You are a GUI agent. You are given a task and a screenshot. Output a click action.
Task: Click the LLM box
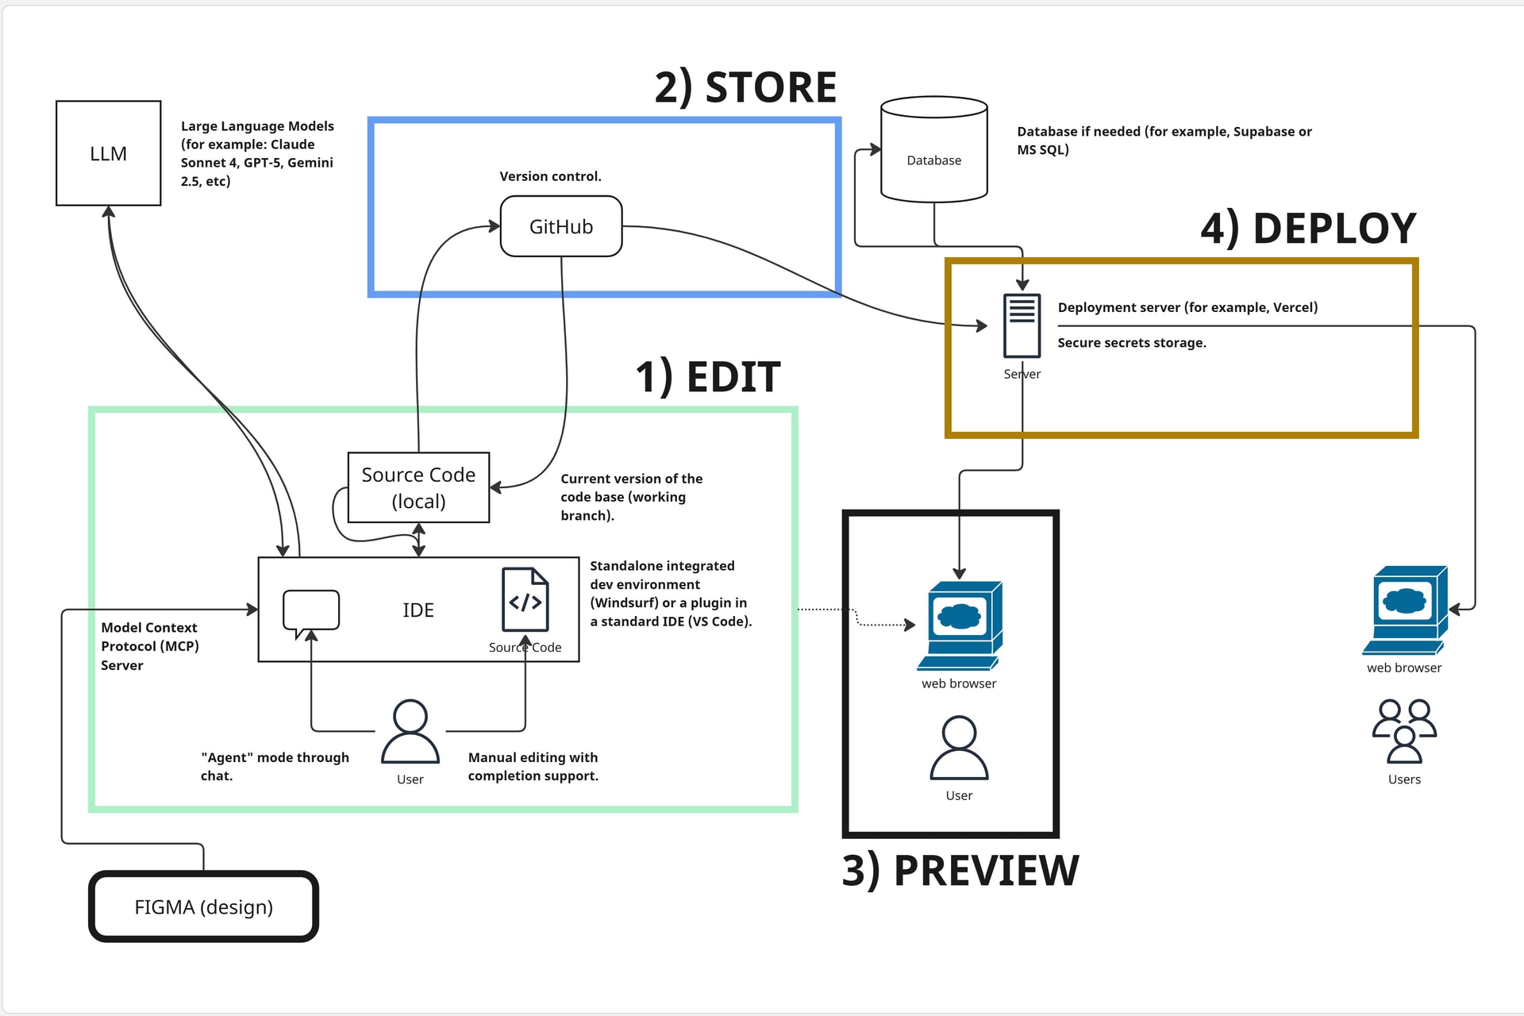pos(109,153)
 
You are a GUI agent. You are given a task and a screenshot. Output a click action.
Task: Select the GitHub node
pos(561,227)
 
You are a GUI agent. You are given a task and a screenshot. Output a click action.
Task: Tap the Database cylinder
pos(934,151)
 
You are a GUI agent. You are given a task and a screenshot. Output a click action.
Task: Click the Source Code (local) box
pos(418,487)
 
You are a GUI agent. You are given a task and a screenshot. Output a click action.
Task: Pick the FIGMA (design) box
pos(204,906)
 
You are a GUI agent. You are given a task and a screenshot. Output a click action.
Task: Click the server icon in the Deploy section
pos(1022,326)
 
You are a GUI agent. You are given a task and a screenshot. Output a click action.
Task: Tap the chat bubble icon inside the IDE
pos(311,612)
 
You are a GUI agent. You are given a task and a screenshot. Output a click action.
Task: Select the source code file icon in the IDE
pos(525,600)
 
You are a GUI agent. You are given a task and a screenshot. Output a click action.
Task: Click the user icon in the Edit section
pos(410,732)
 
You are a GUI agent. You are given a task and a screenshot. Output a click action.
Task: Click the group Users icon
pos(1404,731)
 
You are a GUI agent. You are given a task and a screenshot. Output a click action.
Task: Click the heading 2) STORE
pos(745,87)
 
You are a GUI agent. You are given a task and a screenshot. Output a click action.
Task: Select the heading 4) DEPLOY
pos(1308,229)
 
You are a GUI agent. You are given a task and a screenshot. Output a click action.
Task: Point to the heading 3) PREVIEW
pos(960,871)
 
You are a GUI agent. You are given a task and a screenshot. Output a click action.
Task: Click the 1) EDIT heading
pos(708,376)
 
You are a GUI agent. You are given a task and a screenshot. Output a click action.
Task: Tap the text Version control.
pos(550,176)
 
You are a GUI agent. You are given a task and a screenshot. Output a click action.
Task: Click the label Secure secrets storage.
pos(1132,343)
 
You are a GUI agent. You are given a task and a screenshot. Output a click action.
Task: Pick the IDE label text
pos(418,610)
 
